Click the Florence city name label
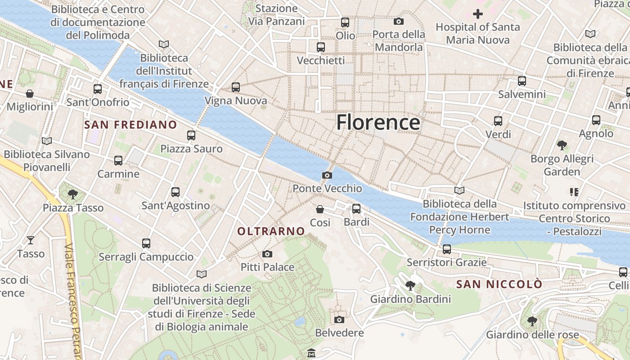tap(378, 122)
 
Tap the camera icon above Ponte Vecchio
tap(327, 175)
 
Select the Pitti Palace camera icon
tap(267, 254)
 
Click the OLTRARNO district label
tap(271, 231)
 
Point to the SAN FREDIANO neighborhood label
tap(130, 125)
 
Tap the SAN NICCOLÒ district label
tap(499, 284)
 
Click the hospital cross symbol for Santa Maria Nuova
tap(477, 14)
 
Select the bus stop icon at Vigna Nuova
tap(236, 87)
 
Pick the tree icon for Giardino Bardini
tap(410, 285)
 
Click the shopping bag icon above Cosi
tap(320, 209)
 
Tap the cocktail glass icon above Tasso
tap(31, 240)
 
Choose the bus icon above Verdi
tap(498, 121)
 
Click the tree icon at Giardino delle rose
tap(532, 321)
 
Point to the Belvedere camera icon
tap(339, 319)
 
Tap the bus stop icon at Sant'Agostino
tap(175, 192)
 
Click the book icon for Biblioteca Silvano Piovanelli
tap(47, 141)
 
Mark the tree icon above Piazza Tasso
tap(72, 194)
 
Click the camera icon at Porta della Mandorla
tap(398, 21)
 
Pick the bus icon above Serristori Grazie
tap(446, 249)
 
